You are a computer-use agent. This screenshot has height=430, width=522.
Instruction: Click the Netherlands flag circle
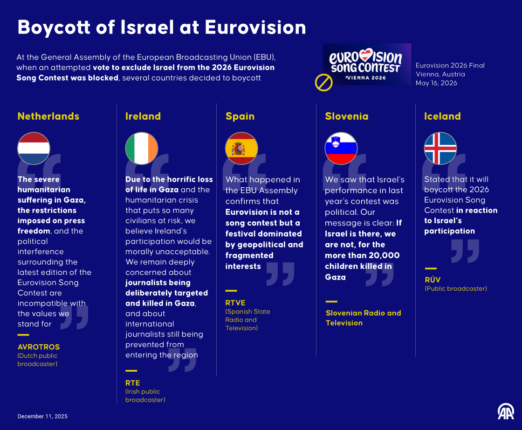click(34, 148)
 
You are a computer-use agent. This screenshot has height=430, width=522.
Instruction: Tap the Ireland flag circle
click(142, 148)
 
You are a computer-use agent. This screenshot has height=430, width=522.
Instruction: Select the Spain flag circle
click(241, 148)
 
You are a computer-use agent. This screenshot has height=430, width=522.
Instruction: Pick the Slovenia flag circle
click(341, 148)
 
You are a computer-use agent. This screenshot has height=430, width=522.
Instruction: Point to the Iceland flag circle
click(440, 148)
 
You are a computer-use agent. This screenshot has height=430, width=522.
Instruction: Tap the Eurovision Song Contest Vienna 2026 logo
click(366, 64)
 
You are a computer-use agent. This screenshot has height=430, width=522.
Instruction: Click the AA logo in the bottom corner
click(506, 411)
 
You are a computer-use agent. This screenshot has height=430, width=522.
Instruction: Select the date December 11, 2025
click(42, 416)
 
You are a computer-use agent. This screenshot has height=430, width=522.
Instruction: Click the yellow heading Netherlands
click(48, 116)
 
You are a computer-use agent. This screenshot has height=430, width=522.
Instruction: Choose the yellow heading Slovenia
click(346, 116)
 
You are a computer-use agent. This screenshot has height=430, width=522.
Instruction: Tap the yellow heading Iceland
click(442, 116)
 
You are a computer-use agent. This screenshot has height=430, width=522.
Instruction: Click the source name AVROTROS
click(39, 347)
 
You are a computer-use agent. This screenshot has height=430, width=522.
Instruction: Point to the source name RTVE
click(235, 303)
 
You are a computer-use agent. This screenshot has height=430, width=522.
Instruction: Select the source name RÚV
click(432, 280)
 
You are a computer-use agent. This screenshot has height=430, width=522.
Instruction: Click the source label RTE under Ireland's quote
click(132, 383)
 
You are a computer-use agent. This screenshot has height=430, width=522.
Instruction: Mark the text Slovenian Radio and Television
click(363, 318)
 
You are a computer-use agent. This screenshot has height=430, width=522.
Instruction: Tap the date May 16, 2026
click(436, 83)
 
